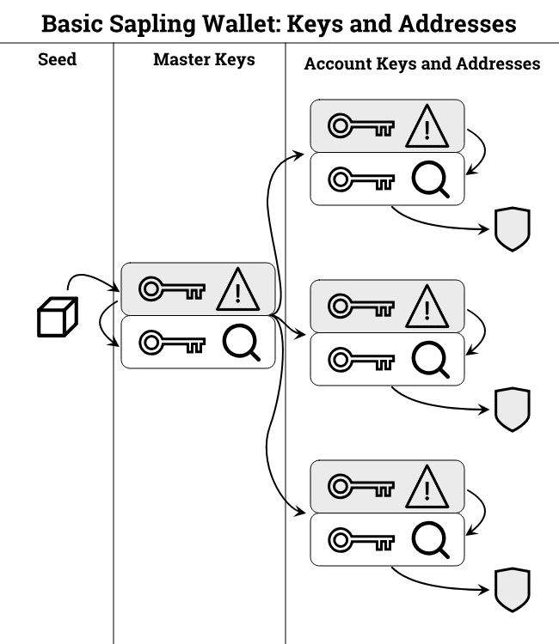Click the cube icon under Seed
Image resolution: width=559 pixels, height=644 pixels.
[58, 316]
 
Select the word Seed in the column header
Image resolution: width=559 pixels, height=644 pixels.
[57, 61]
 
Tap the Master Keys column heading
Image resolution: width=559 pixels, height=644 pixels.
[204, 60]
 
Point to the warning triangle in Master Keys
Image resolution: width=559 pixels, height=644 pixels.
[238, 289]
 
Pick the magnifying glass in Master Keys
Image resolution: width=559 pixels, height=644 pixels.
[242, 343]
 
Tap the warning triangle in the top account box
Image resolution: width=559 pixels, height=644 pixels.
[427, 127]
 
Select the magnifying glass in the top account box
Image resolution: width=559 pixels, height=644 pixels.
[430, 179]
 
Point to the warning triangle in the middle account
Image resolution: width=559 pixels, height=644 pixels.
[427, 307]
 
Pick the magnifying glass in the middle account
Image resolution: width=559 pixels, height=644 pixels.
[430, 360]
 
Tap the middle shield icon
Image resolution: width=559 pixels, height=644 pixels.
[512, 410]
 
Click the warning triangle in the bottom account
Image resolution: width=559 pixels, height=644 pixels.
[427, 487]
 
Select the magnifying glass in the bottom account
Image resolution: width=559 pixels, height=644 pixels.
[430, 540]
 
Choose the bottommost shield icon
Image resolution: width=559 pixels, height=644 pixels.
[512, 590]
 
